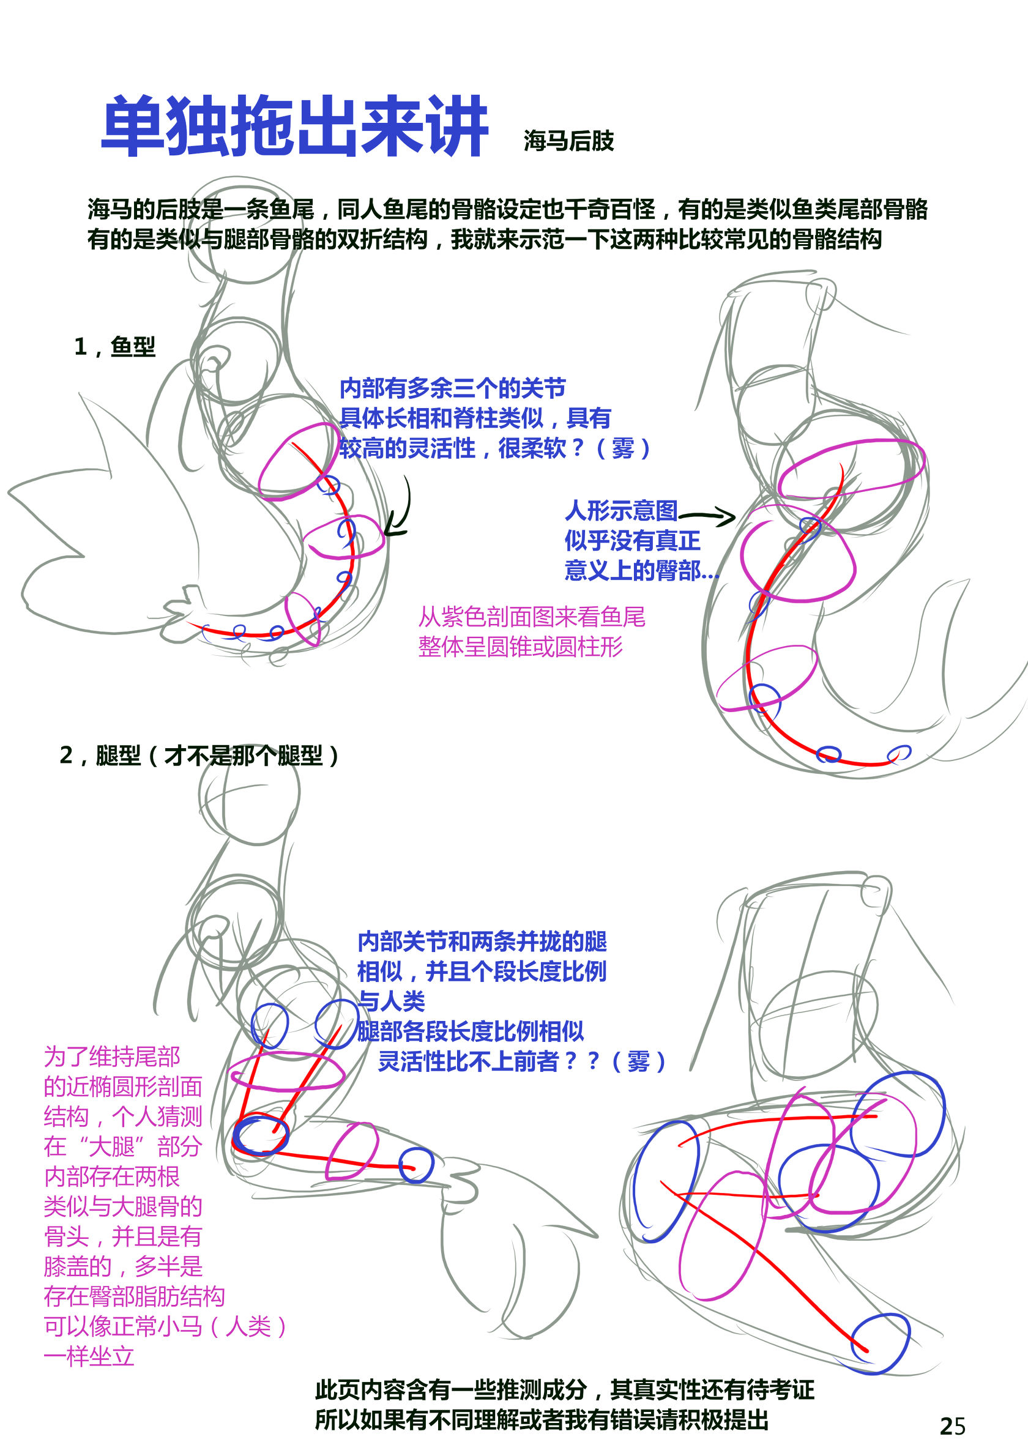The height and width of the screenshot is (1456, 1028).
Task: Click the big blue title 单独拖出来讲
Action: tap(295, 126)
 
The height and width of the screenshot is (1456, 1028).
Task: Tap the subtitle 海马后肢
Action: tap(569, 141)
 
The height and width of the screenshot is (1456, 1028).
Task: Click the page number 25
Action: tap(953, 1426)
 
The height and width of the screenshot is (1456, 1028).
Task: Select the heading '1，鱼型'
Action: tap(115, 347)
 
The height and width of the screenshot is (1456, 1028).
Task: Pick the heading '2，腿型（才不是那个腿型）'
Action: tap(199, 756)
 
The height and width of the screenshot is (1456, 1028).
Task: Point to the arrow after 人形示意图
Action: tap(707, 516)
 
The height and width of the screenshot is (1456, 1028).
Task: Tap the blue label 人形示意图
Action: tap(621, 510)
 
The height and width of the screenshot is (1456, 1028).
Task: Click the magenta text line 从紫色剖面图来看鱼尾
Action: tap(532, 617)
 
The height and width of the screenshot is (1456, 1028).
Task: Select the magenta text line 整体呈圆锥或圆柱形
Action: tap(520, 647)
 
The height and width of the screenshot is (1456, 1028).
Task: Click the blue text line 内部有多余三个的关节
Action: tap(452, 387)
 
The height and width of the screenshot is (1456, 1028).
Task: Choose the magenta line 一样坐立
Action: tap(89, 1356)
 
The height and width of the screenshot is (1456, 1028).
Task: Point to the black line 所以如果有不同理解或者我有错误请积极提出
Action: tap(542, 1420)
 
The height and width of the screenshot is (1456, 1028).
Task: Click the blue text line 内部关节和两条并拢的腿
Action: tap(482, 941)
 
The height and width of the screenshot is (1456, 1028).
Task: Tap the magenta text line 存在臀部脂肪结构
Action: tap(134, 1296)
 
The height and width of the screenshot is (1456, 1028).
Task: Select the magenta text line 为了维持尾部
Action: tap(111, 1057)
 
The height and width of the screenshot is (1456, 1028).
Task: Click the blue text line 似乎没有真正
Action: tap(632, 540)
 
